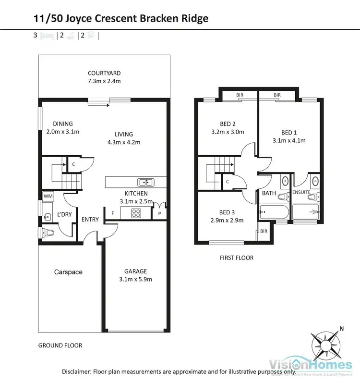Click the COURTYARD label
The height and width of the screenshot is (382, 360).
click(104, 73)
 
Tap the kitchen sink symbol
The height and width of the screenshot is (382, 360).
click(145, 182)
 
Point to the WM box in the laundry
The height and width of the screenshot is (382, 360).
click(48, 196)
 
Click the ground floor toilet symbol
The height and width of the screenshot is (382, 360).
click(48, 233)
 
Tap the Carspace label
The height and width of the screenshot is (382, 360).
click(68, 272)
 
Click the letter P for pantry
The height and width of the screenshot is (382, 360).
click(159, 212)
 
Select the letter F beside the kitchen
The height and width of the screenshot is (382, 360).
click(112, 212)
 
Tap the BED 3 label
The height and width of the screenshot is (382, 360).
click(228, 212)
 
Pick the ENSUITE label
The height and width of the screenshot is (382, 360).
click(301, 192)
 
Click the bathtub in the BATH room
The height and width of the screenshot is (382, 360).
click(274, 211)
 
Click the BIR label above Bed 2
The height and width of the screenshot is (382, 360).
click(239, 95)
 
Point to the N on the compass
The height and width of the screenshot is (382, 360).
click(342, 329)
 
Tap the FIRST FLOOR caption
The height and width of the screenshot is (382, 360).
click(237, 258)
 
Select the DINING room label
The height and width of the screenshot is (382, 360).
click(62, 123)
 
